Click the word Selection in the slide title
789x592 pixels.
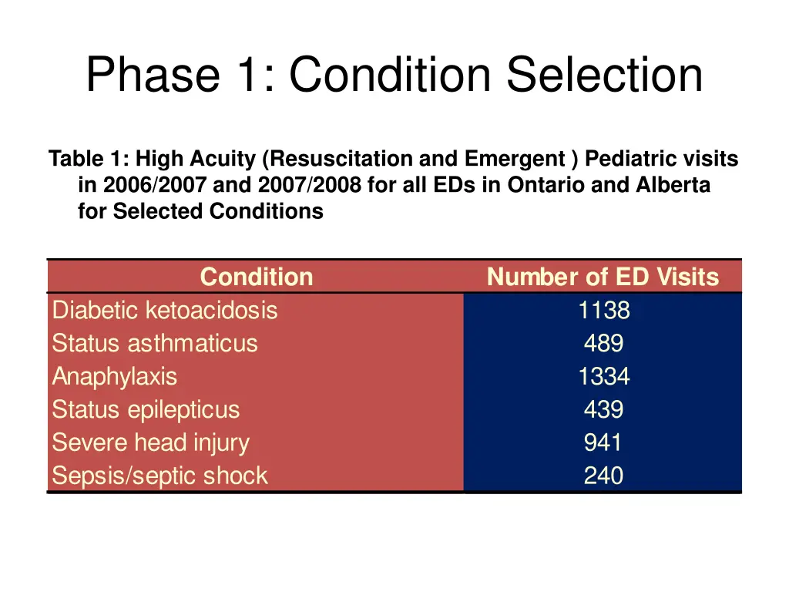click(605, 76)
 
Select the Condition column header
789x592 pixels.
click(256, 277)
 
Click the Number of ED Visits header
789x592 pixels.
click(603, 277)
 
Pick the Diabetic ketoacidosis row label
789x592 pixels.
click(164, 311)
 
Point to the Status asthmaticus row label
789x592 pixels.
click(154, 344)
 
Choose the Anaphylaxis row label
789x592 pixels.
click(114, 377)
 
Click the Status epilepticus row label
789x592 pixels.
click(146, 410)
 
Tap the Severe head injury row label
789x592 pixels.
click(150, 443)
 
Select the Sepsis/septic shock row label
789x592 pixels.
click(159, 476)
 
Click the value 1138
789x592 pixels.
click(603, 311)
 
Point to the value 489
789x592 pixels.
click(603, 344)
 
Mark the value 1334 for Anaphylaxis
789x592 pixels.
click(603, 377)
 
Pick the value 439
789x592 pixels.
click(603, 410)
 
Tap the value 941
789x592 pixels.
click(603, 443)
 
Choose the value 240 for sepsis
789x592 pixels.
click(603, 476)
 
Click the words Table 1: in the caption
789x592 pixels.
click(89, 160)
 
